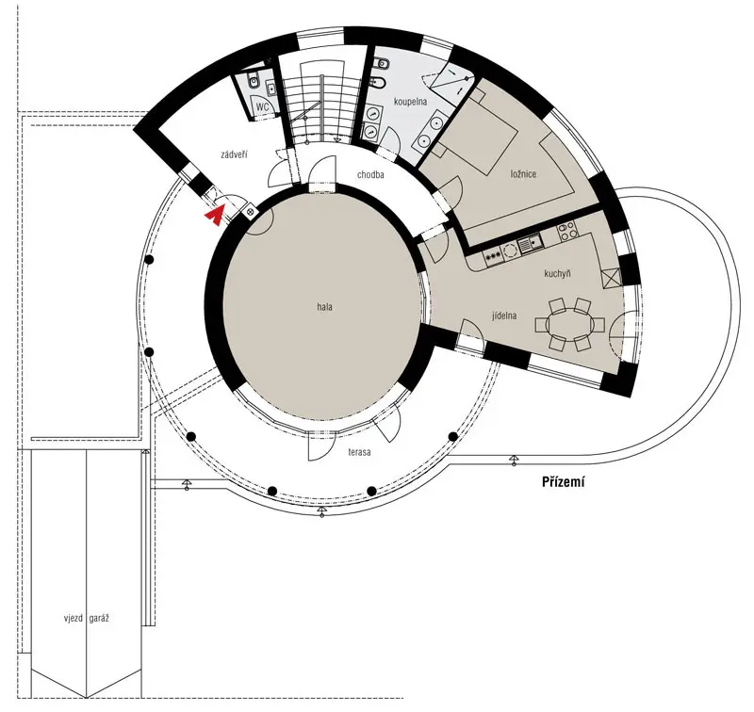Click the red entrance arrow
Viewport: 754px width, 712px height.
pos(215,216)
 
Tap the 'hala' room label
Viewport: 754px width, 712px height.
pos(324,307)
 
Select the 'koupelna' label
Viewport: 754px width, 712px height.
pos(410,102)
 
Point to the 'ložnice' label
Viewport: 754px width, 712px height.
pos(523,174)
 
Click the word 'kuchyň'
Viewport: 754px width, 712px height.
pos(557,274)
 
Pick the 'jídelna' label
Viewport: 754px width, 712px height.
pos(504,316)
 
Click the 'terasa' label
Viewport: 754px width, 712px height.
pos(359,452)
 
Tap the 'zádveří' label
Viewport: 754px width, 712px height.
pos(234,154)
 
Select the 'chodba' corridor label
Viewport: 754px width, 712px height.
pos(370,175)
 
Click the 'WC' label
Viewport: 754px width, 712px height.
pos(263,106)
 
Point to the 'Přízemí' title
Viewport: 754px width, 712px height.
pos(563,482)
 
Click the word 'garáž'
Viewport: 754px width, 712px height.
pos(99,619)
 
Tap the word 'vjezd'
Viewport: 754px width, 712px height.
pos(74,619)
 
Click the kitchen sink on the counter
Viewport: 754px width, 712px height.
pos(530,244)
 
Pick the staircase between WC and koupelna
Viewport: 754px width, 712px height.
pos(320,102)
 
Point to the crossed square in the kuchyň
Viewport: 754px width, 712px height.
pos(611,279)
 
